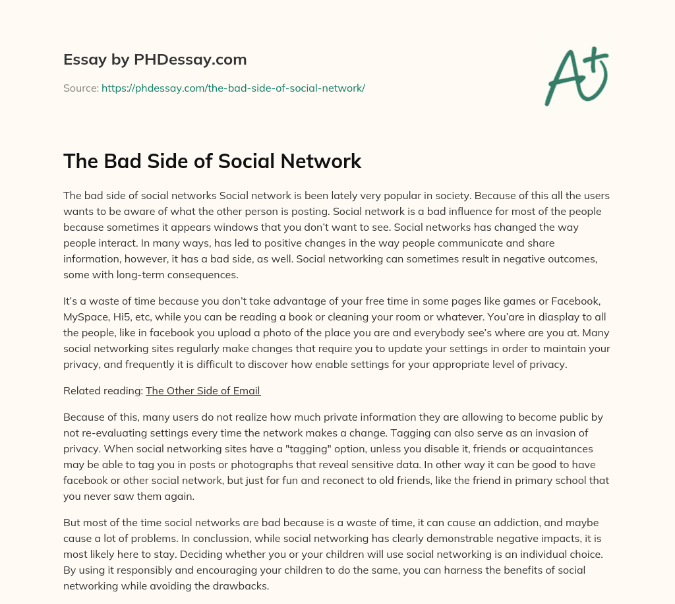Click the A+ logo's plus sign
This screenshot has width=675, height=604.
[x=596, y=61]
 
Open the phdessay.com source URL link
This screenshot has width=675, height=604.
[x=233, y=87]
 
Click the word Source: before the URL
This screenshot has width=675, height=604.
[x=81, y=87]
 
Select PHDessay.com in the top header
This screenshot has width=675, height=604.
[x=189, y=60]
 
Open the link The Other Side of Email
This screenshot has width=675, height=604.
[x=203, y=390]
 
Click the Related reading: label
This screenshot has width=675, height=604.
[x=103, y=390]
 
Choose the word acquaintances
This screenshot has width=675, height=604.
[x=560, y=448]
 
